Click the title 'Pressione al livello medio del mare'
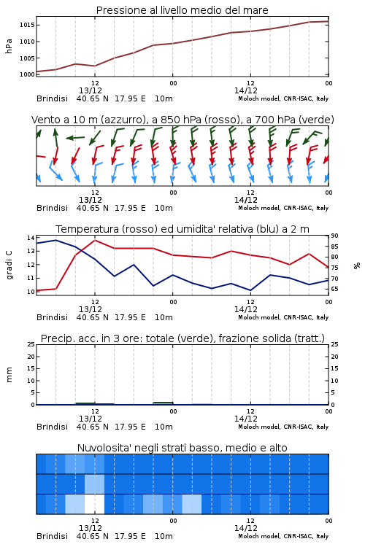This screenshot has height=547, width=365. [182, 10]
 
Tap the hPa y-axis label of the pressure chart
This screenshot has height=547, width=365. [9, 46]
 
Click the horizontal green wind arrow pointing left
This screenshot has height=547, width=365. [75, 138]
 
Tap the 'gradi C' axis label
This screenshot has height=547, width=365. [9, 265]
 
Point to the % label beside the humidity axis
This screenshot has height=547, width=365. [357, 265]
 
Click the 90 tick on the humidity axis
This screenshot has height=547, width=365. [334, 236]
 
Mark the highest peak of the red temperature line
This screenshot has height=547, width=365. [95, 240]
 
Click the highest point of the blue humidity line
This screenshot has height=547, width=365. [56, 240]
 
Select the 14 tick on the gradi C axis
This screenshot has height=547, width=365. [31, 238]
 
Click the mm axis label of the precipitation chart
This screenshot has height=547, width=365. [9, 375]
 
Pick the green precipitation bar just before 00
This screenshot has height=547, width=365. [163, 403]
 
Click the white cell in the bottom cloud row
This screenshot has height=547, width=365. [95, 504]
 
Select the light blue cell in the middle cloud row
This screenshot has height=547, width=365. [95, 484]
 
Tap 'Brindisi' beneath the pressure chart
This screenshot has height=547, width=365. [52, 98]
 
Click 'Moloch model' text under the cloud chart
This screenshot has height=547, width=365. [259, 536]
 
